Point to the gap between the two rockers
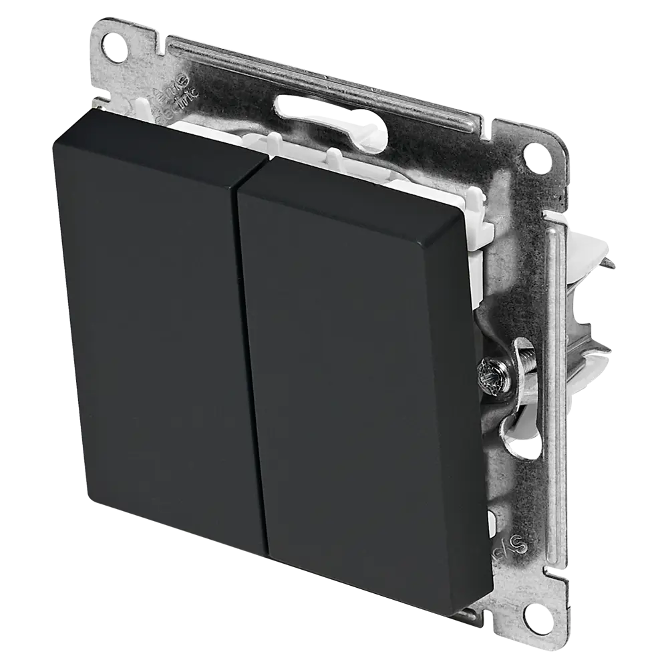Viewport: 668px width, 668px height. (x=251, y=361)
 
